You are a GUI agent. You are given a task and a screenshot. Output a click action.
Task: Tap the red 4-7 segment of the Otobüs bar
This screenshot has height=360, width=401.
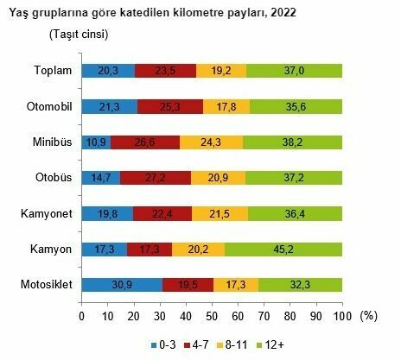(156, 178)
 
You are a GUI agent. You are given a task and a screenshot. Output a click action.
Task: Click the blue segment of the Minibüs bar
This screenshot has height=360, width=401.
(96, 142)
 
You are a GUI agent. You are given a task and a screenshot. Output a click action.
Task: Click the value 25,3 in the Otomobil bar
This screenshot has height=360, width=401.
(169, 107)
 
